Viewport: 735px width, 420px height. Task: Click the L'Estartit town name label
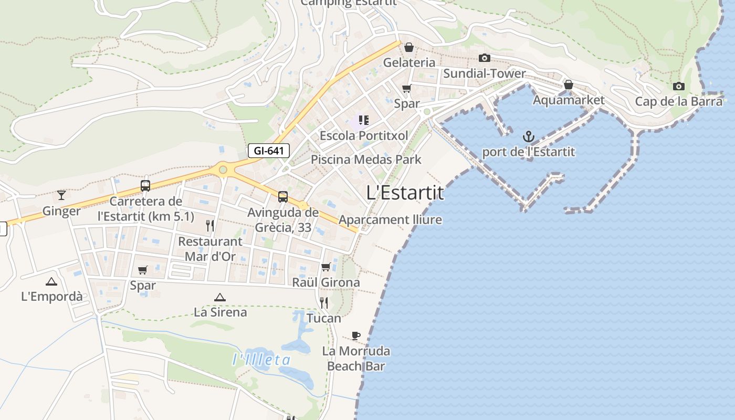click(405, 193)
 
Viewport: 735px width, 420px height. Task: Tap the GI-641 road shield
click(269, 151)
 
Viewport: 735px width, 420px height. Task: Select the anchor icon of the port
click(528, 138)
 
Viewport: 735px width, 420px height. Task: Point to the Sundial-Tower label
click(484, 73)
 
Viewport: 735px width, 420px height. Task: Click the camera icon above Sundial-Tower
click(484, 58)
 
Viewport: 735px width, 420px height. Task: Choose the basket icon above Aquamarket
click(568, 85)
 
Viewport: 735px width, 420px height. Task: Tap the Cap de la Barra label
click(678, 101)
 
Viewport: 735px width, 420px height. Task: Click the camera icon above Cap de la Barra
click(678, 86)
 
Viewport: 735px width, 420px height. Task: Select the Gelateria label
click(409, 62)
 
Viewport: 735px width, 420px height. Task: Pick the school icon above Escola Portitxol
click(364, 120)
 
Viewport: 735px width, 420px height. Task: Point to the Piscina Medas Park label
click(366, 159)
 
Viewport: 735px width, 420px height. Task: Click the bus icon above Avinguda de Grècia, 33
click(283, 197)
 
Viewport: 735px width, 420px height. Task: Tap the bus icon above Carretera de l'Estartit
click(145, 185)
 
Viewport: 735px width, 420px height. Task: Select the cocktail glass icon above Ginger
click(61, 195)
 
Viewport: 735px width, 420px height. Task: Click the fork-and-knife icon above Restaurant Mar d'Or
click(210, 226)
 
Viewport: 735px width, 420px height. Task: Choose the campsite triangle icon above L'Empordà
click(51, 281)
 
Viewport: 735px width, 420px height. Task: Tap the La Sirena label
click(220, 312)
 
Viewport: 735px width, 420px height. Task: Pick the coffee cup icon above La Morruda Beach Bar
click(356, 335)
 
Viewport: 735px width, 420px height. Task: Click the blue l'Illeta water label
click(261, 360)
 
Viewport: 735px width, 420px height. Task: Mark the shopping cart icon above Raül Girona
click(325, 267)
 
